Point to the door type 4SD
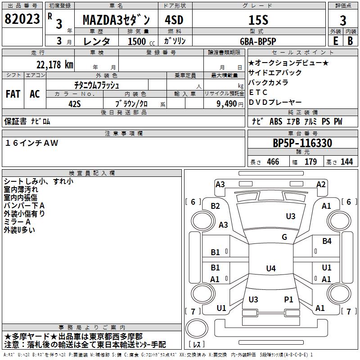[174, 20]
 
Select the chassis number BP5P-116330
[302, 143]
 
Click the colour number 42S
[75, 103]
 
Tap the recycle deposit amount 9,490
[226, 103]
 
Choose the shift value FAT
[13, 94]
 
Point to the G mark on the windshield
[284, 237]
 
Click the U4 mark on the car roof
[270, 269]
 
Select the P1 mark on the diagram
[288, 299]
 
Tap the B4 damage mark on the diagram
[327, 241]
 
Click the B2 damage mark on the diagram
[216, 206]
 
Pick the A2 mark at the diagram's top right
[321, 184]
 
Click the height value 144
[346, 162]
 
